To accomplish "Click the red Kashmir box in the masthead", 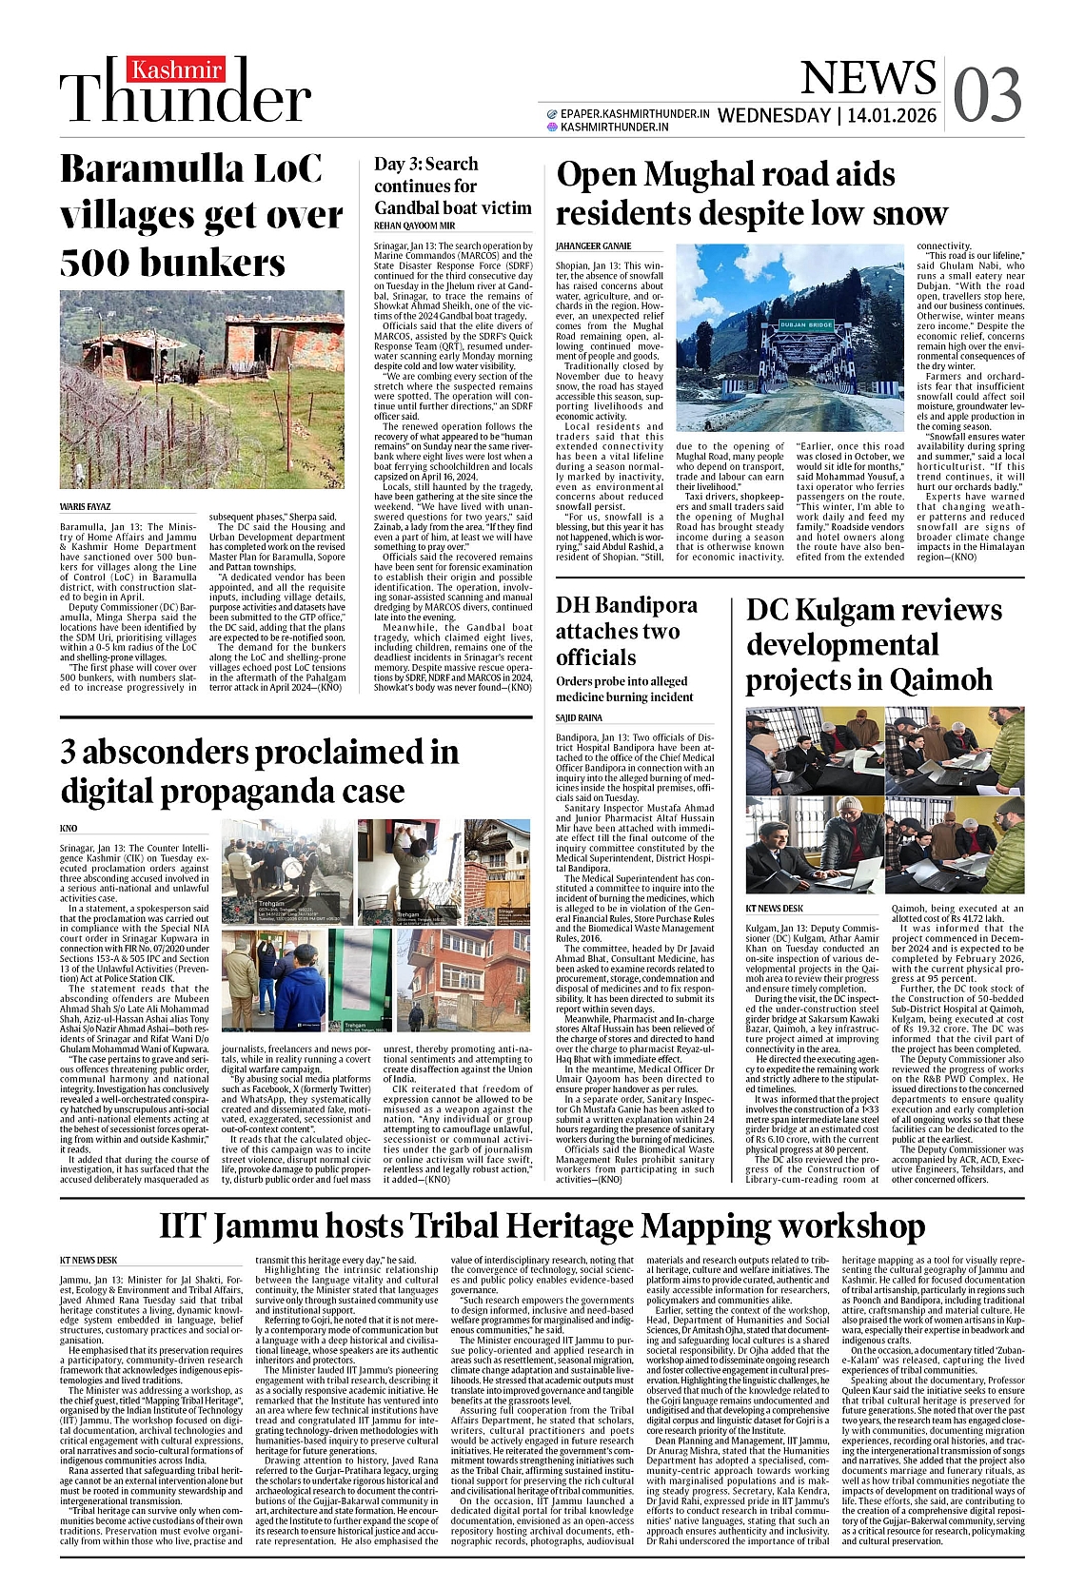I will click(x=176, y=69).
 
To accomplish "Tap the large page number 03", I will click(x=987, y=95).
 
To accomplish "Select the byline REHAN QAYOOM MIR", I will click(x=414, y=225).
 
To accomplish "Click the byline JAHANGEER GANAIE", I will click(x=593, y=245).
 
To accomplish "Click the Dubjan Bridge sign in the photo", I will click(x=806, y=325).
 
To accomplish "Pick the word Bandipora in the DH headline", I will click(x=647, y=605).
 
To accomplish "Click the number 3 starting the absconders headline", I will click(x=69, y=753).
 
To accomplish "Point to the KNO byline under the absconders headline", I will click(x=69, y=828).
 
